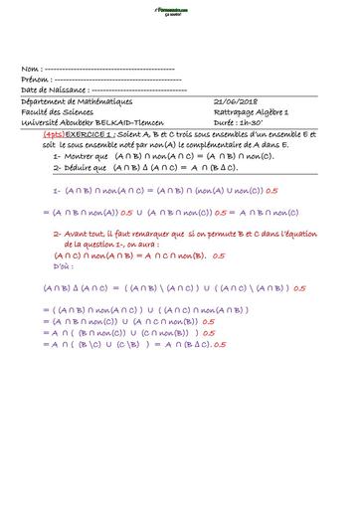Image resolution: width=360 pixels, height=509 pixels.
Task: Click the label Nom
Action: (x=29, y=69)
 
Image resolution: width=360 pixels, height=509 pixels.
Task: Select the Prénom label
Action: (x=35, y=79)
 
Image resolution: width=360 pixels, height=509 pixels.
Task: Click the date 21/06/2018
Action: (x=236, y=101)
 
